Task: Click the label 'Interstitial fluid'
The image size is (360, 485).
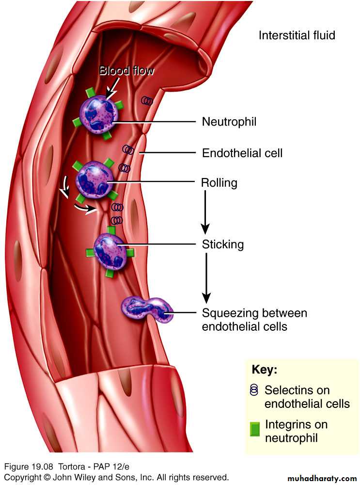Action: click(297, 35)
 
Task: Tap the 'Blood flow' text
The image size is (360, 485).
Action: click(126, 71)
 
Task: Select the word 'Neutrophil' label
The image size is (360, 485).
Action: click(229, 122)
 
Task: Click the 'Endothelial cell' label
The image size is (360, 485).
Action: click(242, 153)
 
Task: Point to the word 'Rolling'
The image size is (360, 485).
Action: click(219, 183)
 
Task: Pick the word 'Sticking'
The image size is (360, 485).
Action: click(222, 244)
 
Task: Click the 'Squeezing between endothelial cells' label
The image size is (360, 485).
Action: click(254, 320)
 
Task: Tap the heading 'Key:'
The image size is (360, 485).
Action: click(264, 369)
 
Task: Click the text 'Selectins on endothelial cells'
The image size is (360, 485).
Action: click(306, 397)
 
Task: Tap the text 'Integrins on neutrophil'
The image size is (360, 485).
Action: click(296, 431)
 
